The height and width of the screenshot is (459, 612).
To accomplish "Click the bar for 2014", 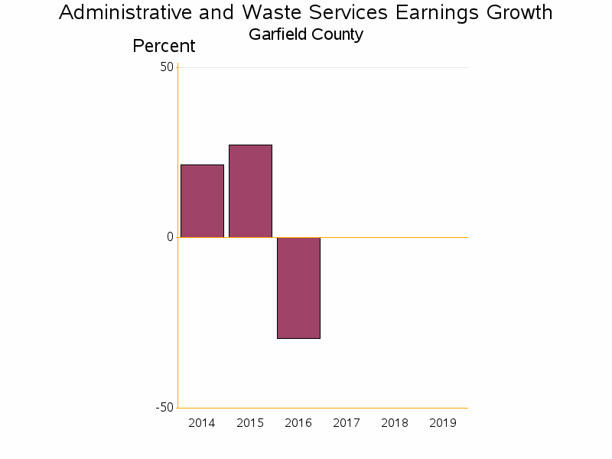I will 202,200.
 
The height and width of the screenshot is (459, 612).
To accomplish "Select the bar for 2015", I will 250,190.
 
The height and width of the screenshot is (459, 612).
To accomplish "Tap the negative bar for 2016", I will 298,288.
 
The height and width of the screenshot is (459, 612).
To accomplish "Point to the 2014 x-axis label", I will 202,423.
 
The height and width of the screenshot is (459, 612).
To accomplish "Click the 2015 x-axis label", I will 250,423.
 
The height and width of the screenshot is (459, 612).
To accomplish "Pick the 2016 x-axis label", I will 298,423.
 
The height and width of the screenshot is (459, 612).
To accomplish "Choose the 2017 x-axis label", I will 347,423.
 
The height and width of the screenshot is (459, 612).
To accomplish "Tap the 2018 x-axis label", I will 395,423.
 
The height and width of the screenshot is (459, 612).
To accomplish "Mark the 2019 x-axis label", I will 443,423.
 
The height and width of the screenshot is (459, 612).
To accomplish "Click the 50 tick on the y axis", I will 167,67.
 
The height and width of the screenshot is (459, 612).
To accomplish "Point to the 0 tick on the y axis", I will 170,237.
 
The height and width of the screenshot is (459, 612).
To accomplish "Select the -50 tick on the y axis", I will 164,407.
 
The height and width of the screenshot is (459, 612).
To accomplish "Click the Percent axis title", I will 164,46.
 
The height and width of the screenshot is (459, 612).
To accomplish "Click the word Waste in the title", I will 269,13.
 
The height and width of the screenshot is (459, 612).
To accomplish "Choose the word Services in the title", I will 340,13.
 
